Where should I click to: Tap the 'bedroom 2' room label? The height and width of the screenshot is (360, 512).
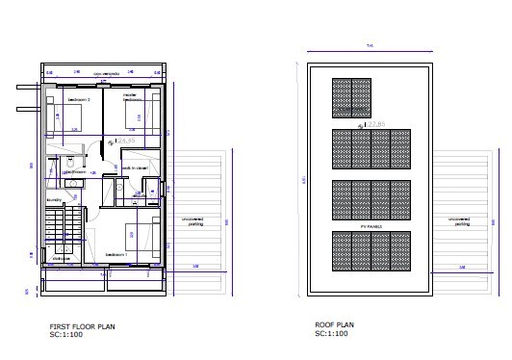[x=79, y=99]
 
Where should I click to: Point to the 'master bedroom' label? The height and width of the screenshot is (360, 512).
[x=132, y=97]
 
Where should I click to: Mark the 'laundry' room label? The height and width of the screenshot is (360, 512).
[x=54, y=199]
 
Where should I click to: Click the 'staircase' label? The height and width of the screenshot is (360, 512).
[x=61, y=258]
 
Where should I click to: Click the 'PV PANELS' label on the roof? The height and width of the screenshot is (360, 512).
[x=371, y=227]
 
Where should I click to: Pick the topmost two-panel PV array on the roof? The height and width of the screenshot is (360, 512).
[x=356, y=101]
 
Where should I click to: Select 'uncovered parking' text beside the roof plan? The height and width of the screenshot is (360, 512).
[x=461, y=220]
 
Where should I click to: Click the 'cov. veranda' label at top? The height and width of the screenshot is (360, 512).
[x=106, y=73]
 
